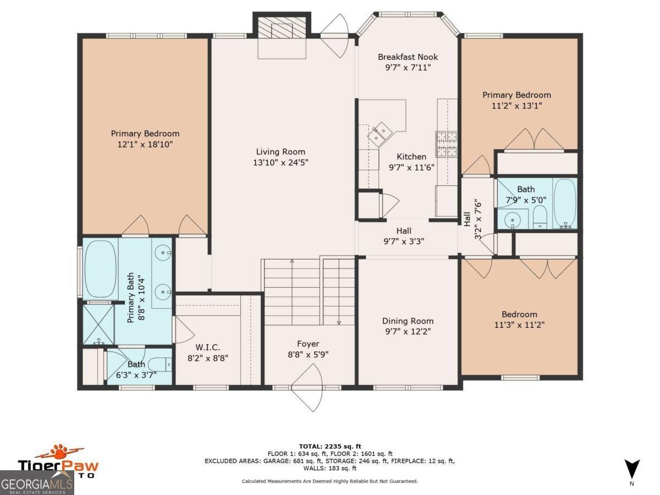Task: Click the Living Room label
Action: point(280,152)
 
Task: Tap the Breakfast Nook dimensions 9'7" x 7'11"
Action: point(408,67)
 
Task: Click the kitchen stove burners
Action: point(447,144)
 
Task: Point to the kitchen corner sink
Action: point(380,134)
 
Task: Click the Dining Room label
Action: point(408,321)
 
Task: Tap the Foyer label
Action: point(308,344)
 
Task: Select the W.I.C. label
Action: point(207,348)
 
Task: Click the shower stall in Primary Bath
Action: point(98,324)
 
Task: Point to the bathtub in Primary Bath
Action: point(100,268)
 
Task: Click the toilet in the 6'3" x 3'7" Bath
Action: point(159,365)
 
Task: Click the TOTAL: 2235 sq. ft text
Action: point(330,446)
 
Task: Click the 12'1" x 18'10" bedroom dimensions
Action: point(145,145)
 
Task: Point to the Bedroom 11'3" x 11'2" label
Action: point(519,320)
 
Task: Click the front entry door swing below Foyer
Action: point(307,388)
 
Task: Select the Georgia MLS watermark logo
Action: point(37,483)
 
